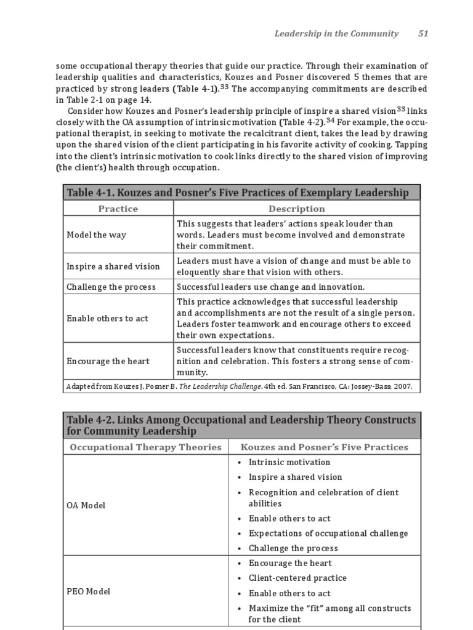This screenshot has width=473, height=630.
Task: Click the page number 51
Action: (423, 34)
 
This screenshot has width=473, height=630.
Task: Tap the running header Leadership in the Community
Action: (336, 34)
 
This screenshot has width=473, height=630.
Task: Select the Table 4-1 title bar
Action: (241, 193)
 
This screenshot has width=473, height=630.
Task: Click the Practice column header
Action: (118, 209)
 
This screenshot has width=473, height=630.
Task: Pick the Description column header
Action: (296, 209)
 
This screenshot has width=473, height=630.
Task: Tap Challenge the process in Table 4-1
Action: (111, 287)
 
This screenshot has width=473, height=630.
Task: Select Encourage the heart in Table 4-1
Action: (108, 361)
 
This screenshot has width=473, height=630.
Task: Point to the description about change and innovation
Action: (270, 287)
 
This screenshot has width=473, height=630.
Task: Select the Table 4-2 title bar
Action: (241, 425)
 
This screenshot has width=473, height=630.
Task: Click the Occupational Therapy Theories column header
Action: (145, 447)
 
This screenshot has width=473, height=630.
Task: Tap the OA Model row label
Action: (86, 505)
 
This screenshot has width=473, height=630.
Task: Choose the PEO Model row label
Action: (88, 591)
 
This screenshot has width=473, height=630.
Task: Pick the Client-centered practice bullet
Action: (297, 578)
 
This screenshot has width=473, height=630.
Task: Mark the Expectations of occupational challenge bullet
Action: (328, 533)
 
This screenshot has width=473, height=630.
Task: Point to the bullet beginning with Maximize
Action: (329, 613)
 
